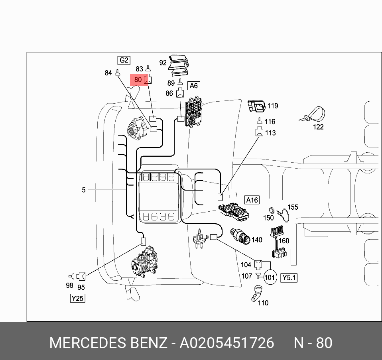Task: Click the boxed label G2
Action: (x=124, y=60)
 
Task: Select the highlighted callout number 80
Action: (x=138, y=80)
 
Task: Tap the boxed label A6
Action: (x=193, y=86)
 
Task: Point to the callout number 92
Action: (x=163, y=63)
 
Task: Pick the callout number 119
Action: (x=273, y=106)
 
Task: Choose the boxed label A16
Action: (x=252, y=200)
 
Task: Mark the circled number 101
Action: (x=270, y=277)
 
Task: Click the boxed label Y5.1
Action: (x=289, y=277)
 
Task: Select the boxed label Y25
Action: (x=77, y=298)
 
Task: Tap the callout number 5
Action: (x=84, y=190)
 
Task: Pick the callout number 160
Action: (x=284, y=241)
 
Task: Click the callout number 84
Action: (x=108, y=73)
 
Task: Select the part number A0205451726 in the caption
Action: (x=227, y=343)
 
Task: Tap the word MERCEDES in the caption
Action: (x=87, y=343)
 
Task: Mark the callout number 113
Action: (x=270, y=133)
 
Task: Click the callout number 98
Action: (x=69, y=285)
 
